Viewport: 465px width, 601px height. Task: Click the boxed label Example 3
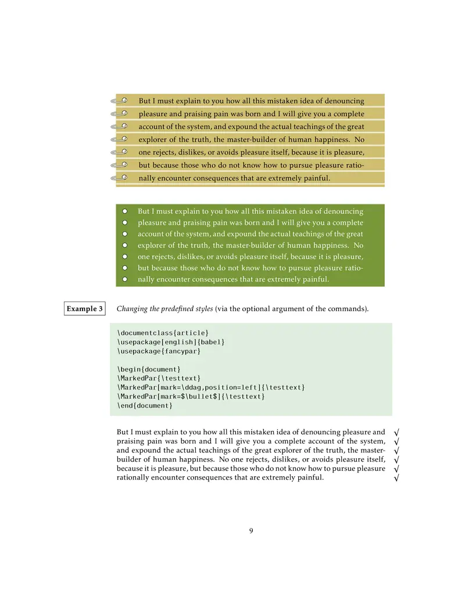tap(84, 308)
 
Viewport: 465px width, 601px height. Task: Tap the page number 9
tap(251, 530)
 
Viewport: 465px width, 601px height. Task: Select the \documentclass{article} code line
tap(163, 333)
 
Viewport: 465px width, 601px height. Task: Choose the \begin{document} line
tap(149, 369)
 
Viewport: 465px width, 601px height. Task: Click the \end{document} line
tap(145, 405)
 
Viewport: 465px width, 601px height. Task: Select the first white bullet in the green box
tap(124, 211)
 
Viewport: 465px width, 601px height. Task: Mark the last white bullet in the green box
tap(124, 279)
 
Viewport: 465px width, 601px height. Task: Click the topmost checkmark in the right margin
tap(396, 433)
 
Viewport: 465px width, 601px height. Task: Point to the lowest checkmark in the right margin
tap(396, 478)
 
